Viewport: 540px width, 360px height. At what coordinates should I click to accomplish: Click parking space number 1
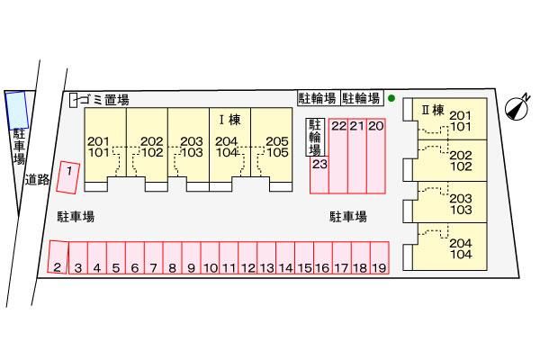(x=67, y=176)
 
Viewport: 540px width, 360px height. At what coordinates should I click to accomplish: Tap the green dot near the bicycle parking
(x=391, y=98)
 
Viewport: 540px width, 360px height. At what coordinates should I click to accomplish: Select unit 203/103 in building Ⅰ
(x=190, y=147)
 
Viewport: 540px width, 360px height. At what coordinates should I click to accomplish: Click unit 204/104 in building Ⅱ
(x=460, y=246)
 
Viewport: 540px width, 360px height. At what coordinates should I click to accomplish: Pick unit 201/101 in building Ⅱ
(x=460, y=121)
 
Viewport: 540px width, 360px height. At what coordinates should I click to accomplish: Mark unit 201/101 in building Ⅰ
(x=99, y=147)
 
